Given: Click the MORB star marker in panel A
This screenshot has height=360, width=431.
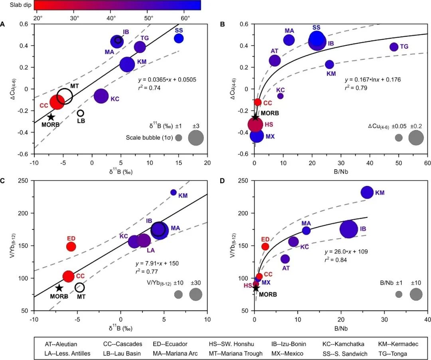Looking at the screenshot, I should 51,117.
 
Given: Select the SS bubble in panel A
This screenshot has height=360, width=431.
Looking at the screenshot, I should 179,38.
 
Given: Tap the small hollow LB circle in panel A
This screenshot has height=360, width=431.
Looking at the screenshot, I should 80,113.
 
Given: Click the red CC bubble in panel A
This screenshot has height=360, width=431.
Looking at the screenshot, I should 57,102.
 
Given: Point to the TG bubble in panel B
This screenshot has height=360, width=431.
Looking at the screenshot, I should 394,47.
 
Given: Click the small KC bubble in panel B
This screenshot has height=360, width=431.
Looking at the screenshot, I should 281,96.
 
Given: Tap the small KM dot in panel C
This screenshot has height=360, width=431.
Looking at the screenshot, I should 173,192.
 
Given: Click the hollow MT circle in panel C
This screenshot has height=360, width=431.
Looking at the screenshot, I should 80,287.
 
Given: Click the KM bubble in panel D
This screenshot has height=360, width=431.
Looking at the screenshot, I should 367,192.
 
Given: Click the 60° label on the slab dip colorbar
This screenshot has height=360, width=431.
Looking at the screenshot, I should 185,18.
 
